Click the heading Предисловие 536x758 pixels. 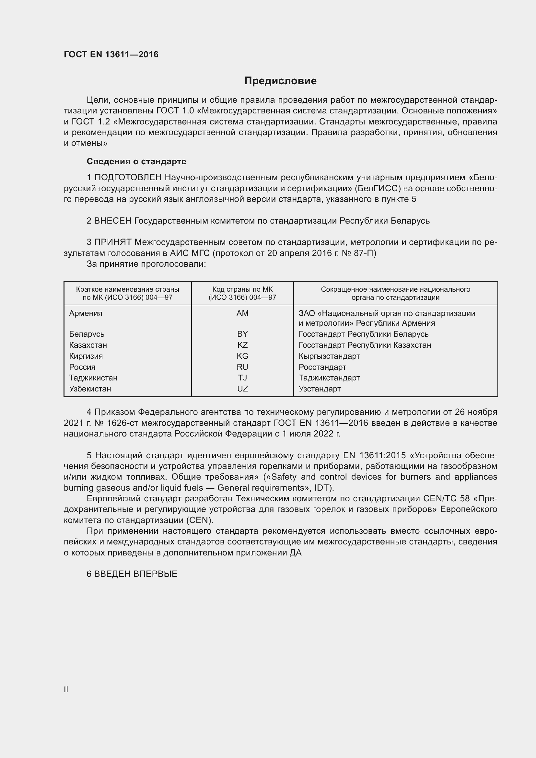click(x=280, y=81)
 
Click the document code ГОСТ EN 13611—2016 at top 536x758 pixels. click(x=111, y=54)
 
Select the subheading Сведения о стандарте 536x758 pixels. click(x=136, y=161)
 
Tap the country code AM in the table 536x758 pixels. click(x=242, y=313)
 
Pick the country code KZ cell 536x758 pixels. click(x=242, y=345)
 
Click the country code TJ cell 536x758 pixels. click(x=242, y=378)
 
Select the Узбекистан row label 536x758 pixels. click(x=90, y=389)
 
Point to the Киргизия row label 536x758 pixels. click(x=86, y=356)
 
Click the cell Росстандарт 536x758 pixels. click(x=322, y=367)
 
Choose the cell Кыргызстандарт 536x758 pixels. click(x=329, y=356)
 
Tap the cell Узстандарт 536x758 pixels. click(x=320, y=389)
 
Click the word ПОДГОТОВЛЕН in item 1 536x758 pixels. click(x=128, y=178)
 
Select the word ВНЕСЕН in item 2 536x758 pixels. click(x=113, y=221)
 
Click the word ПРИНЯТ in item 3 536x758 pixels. click(x=113, y=242)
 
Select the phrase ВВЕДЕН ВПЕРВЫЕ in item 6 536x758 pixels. click(x=136, y=574)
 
